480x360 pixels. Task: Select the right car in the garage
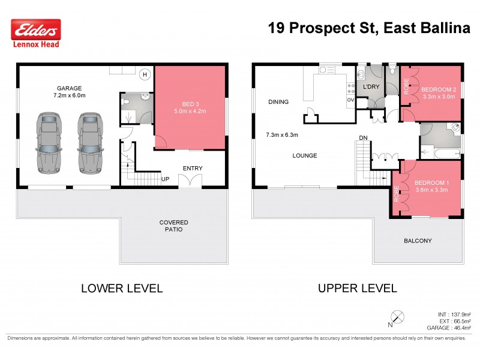click(88, 140)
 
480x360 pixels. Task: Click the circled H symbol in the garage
click(145, 74)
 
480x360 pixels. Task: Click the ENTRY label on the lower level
click(193, 169)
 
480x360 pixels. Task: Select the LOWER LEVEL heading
click(122, 288)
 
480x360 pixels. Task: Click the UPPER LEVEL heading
click(357, 288)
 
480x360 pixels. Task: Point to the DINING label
click(279, 102)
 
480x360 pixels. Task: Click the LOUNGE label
click(305, 155)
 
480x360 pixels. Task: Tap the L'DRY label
click(373, 88)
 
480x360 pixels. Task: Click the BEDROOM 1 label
click(431, 182)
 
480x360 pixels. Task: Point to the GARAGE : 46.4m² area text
click(448, 328)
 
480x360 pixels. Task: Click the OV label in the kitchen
click(350, 100)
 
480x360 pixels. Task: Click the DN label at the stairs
click(363, 139)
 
